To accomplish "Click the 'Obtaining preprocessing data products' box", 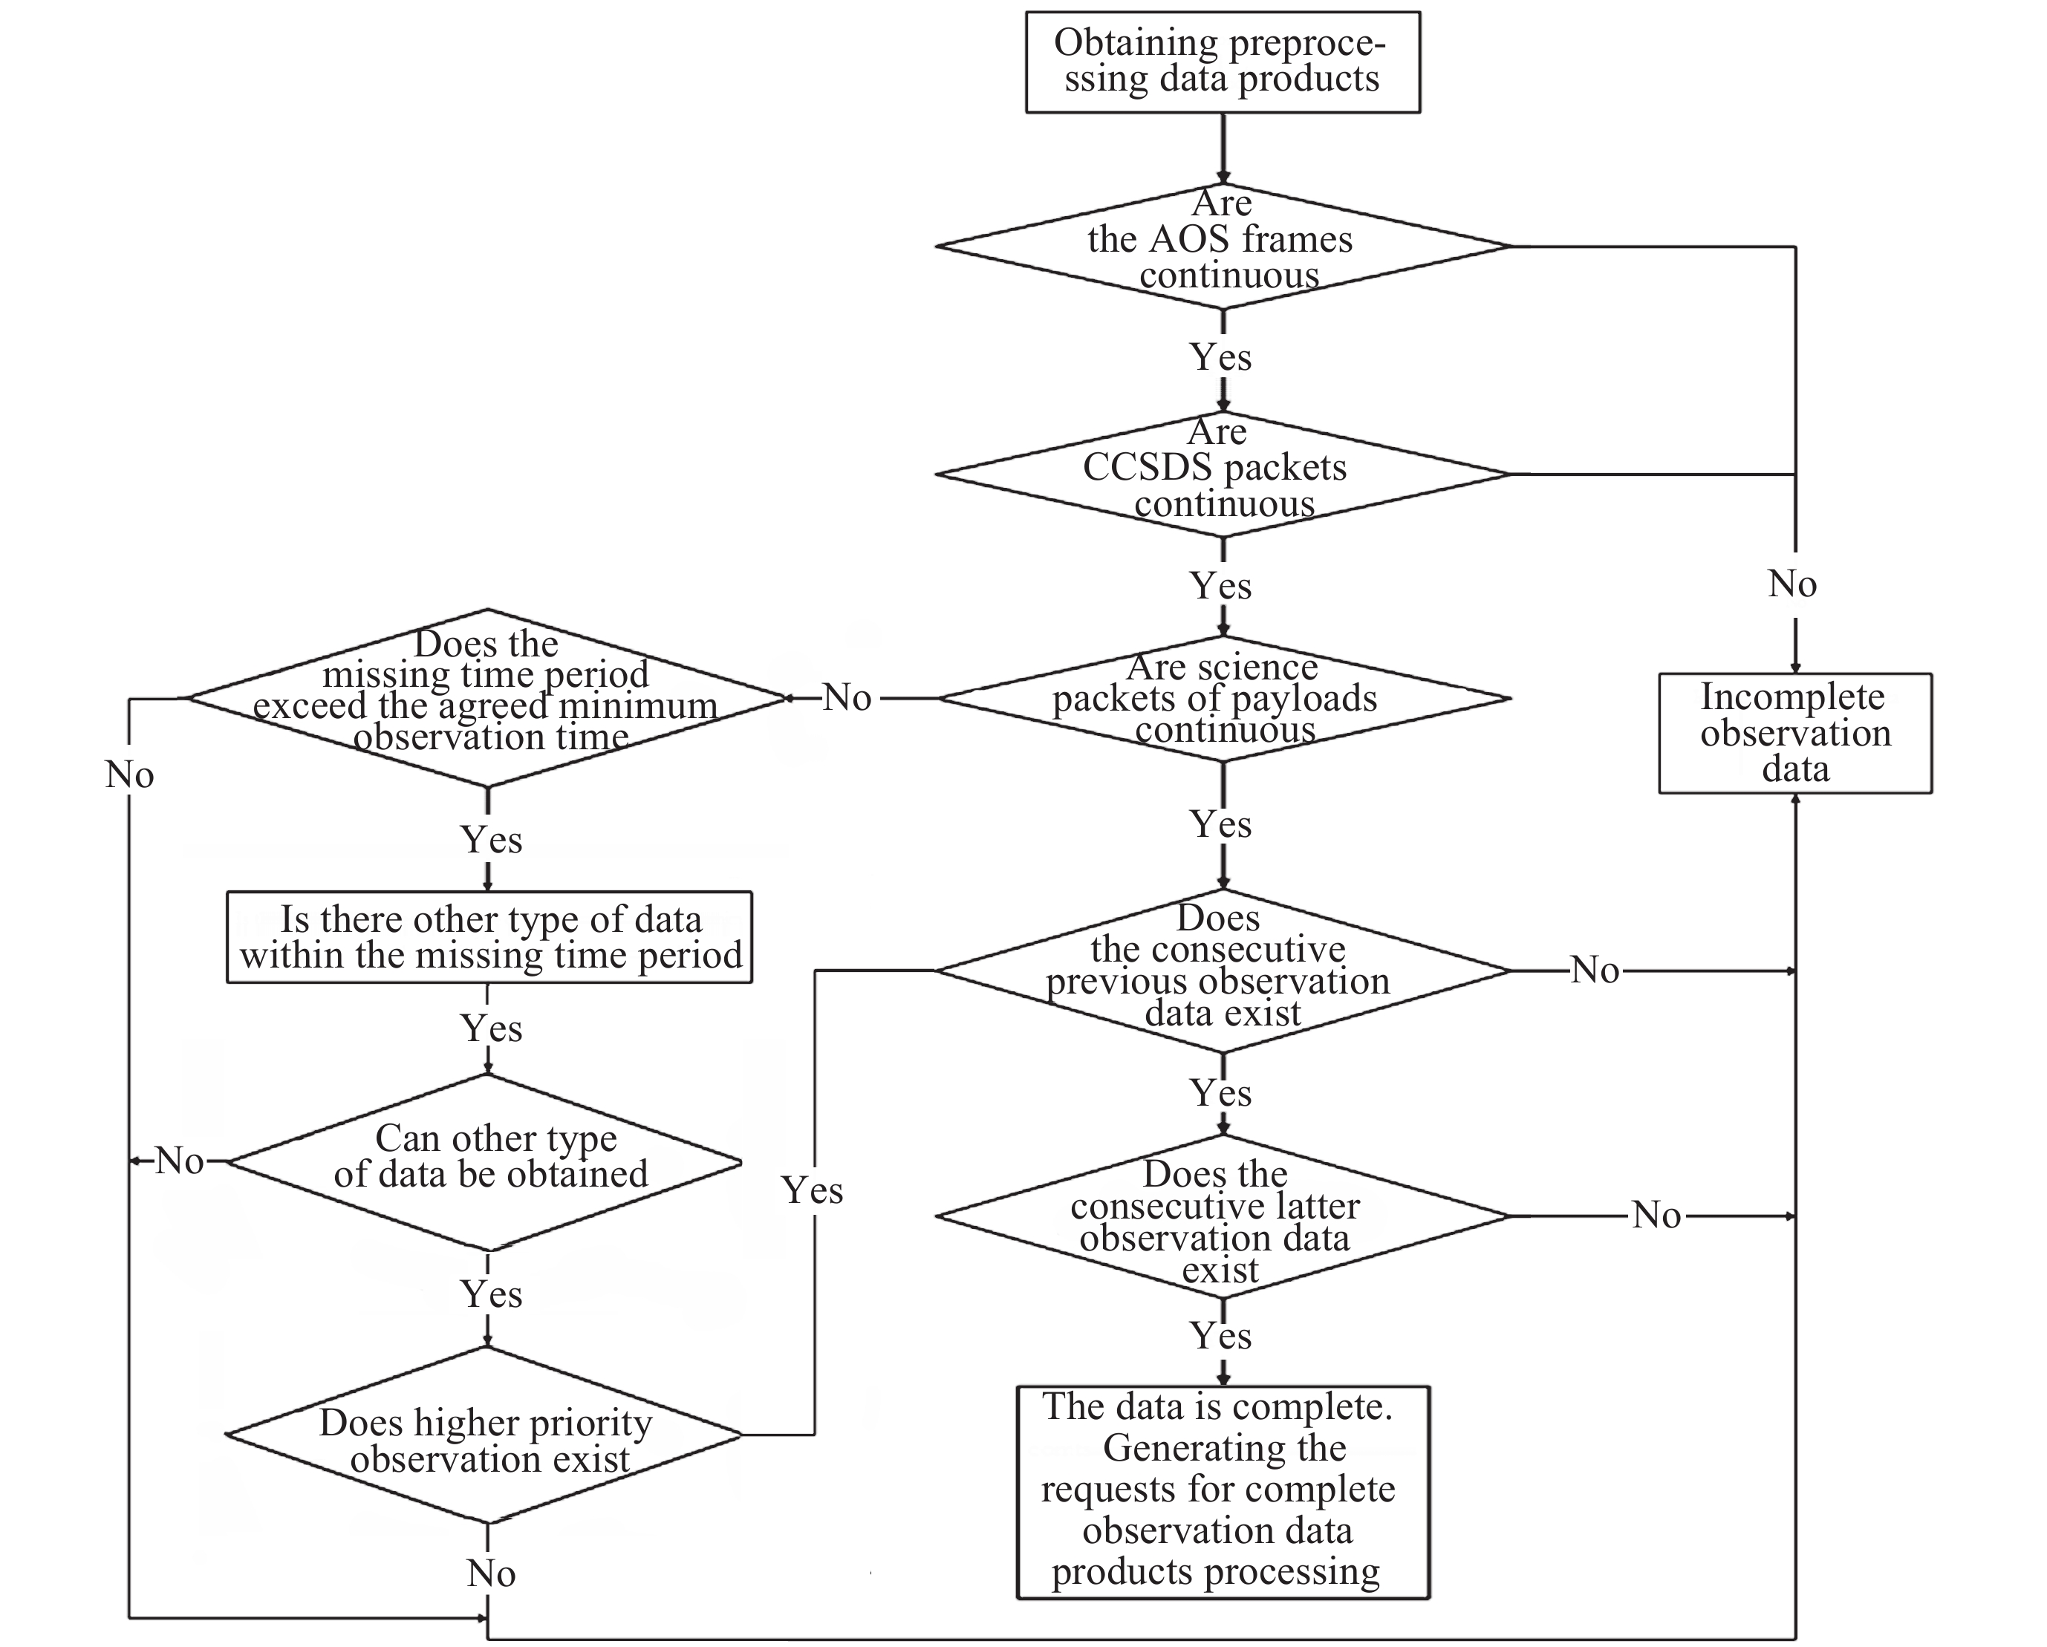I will (x=1222, y=62).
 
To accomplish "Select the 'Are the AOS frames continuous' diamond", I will (x=1222, y=246).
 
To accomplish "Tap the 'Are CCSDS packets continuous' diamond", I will (x=1222, y=474).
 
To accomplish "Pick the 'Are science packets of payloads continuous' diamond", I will (x=1222, y=699).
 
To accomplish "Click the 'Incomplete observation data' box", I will (x=1794, y=733).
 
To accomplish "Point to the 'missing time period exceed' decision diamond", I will (x=487, y=698).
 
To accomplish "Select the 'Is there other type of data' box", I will (x=489, y=937).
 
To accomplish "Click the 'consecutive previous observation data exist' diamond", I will (x=1222, y=971).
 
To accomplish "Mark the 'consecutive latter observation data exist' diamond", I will (x=1222, y=1216).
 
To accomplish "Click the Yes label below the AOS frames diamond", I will (x=1221, y=358).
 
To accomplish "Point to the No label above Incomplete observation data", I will (x=1792, y=584).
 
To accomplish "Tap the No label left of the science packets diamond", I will (x=847, y=698).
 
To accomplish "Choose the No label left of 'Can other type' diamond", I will (x=180, y=1161).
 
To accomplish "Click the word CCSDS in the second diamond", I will (x=1132, y=467).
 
